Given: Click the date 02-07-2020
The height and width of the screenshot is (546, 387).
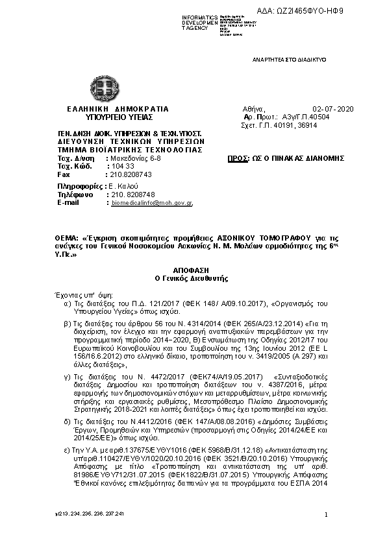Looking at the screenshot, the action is pyautogui.click(x=331, y=109).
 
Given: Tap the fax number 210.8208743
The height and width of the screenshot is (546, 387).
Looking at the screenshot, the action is pyautogui.click(x=130, y=175).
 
